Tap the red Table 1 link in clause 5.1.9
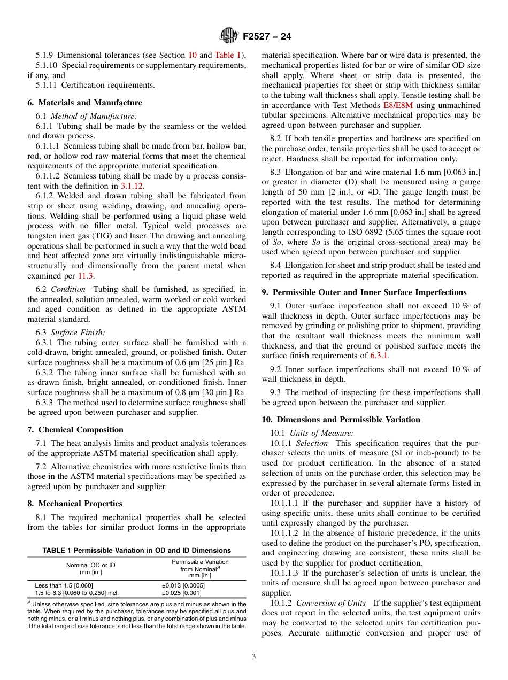(228, 55)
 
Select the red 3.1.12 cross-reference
(132, 186)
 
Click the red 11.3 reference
(86, 276)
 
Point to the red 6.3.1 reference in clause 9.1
(380, 356)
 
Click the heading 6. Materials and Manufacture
(84, 103)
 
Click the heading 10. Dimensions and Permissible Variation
(341, 420)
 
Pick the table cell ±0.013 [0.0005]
(183, 586)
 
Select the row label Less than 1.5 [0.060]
(64, 586)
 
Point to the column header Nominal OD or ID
(90, 565)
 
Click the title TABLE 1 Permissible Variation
(136, 551)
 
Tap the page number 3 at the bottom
(253, 657)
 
